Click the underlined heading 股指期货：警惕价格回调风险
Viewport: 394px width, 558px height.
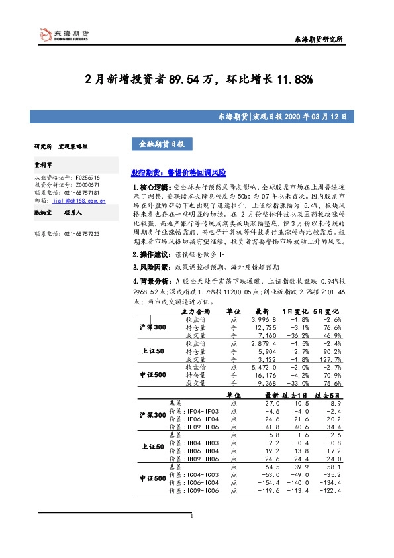[x=178, y=172]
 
